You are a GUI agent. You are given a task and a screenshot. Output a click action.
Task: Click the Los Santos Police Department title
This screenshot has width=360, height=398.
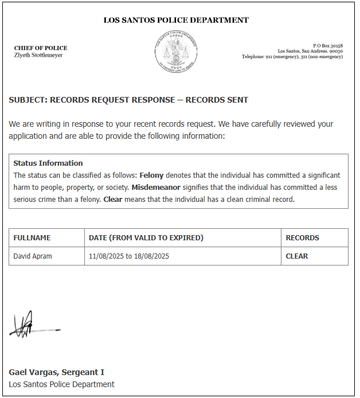(x=176, y=20)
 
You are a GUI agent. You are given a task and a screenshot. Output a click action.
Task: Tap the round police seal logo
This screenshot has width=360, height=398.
(x=176, y=52)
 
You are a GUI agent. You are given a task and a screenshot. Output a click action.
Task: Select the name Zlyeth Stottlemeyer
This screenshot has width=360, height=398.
(x=38, y=55)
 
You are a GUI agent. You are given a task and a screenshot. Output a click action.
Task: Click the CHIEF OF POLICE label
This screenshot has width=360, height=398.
(x=41, y=48)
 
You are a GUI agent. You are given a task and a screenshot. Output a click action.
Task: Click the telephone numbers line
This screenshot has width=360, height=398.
(x=292, y=57)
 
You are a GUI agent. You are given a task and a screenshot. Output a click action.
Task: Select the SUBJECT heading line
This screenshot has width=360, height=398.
(x=128, y=100)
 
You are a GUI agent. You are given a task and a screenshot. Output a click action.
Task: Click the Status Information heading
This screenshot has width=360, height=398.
(x=48, y=163)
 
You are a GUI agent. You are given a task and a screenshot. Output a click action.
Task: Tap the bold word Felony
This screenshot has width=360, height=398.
(x=151, y=175)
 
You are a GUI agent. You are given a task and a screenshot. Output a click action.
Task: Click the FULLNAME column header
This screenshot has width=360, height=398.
(x=32, y=238)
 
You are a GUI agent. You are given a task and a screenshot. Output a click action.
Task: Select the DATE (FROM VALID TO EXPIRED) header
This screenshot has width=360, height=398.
(x=146, y=238)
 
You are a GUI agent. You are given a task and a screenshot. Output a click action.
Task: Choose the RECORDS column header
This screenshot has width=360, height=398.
(x=302, y=238)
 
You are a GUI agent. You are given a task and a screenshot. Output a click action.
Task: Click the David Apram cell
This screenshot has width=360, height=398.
(x=33, y=256)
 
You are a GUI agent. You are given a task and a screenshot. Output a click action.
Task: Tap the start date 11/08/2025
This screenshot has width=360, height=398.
(x=107, y=256)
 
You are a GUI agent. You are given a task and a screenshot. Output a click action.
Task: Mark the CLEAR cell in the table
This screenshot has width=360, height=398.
(x=297, y=256)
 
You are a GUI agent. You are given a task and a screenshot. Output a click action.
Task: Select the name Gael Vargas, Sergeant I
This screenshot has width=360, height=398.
(x=56, y=372)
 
